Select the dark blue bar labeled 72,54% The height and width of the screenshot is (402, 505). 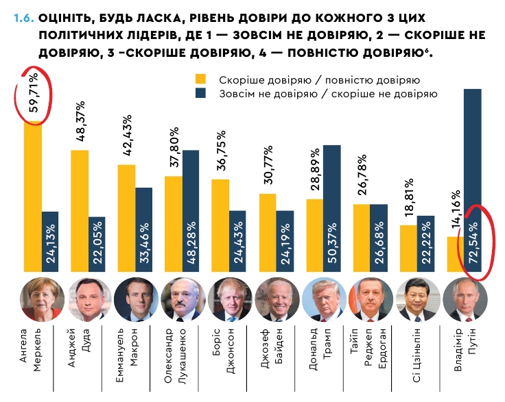tap(473, 178)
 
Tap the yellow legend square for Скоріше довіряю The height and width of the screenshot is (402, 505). tap(200, 79)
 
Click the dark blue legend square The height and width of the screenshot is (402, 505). tap(200, 93)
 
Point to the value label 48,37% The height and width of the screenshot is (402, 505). tap(80, 121)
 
